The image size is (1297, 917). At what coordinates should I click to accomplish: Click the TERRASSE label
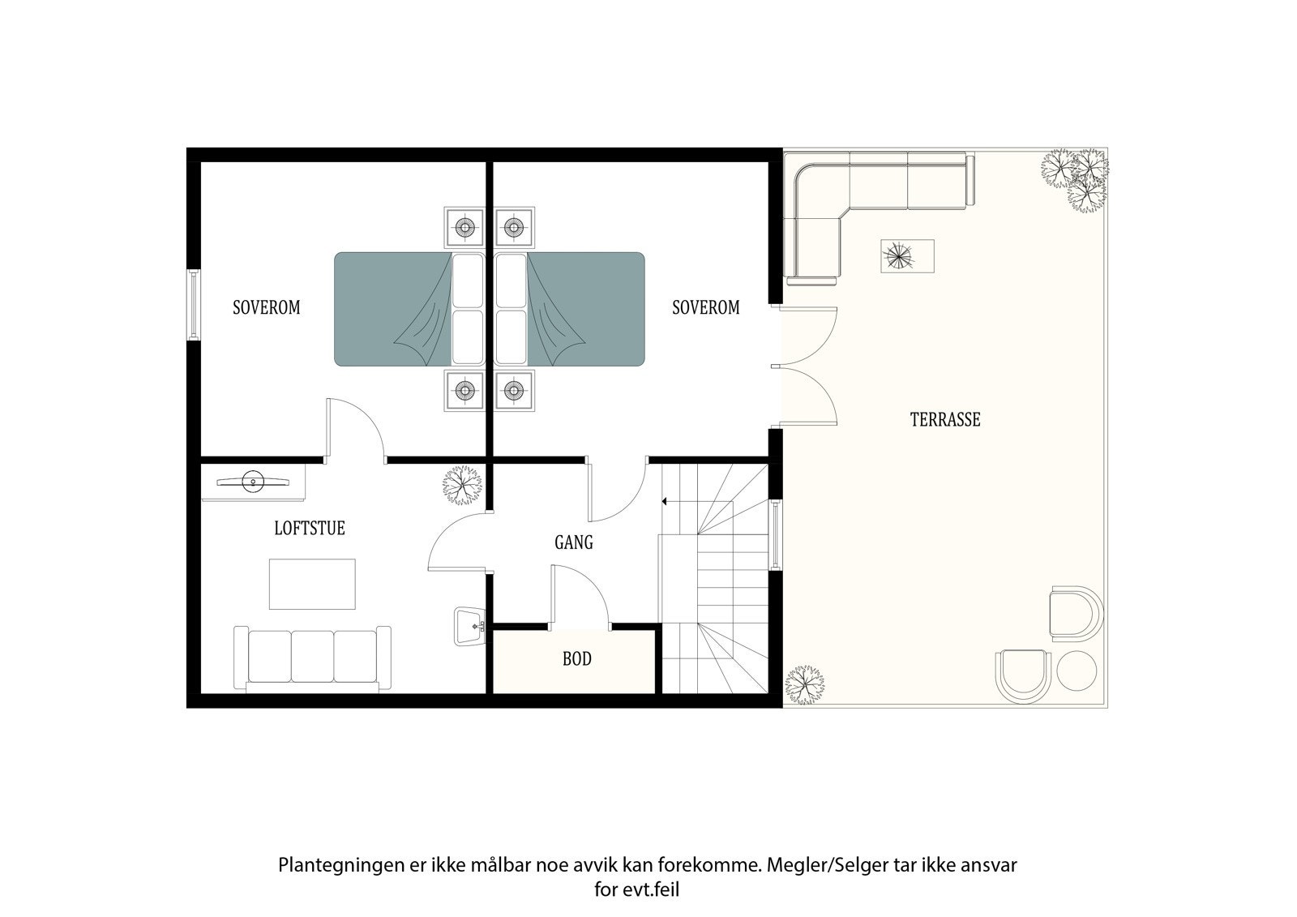point(945,419)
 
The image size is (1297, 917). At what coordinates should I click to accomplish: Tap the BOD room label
point(576,658)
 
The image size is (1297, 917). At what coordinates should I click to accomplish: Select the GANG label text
point(574,542)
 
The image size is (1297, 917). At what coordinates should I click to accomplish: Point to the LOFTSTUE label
point(310,529)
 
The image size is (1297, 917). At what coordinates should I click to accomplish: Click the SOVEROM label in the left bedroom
point(267,307)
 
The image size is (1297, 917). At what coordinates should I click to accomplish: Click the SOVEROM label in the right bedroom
point(706,307)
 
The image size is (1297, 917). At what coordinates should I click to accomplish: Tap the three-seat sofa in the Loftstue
point(312,658)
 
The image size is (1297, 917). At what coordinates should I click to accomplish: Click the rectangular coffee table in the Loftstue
point(312,584)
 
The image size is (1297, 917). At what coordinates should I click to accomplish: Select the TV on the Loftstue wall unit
point(253,482)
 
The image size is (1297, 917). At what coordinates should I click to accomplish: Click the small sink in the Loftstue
point(469,626)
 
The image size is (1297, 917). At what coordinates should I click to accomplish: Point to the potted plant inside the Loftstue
point(462,485)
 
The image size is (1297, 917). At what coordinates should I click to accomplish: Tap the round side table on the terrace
point(1077,671)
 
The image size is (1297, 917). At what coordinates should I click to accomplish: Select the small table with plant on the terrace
point(907,255)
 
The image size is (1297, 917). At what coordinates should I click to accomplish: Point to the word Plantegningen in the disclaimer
point(341,866)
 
